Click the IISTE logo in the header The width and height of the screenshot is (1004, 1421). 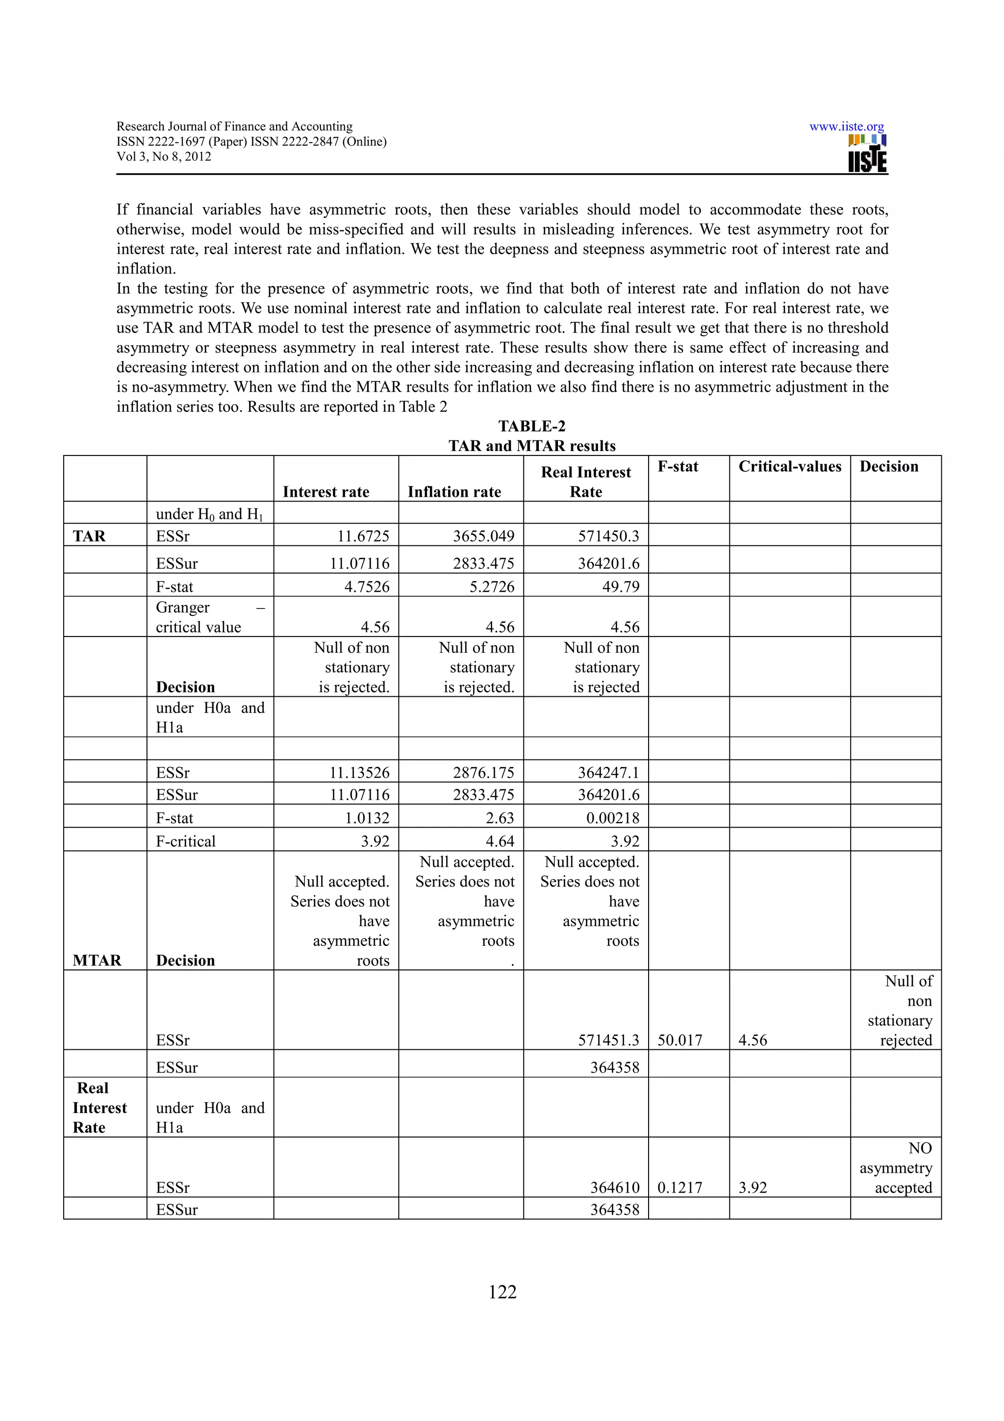coord(867,153)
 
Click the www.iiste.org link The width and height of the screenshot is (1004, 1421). coord(846,127)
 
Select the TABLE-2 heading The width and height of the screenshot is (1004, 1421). coord(531,427)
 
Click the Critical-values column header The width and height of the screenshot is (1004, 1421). coord(789,467)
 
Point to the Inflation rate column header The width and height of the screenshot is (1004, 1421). coord(454,492)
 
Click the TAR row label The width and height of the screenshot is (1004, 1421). coord(89,536)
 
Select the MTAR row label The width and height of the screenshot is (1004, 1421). coord(97,960)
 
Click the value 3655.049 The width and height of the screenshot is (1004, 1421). coord(483,536)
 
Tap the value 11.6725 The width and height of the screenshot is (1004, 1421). coord(363,536)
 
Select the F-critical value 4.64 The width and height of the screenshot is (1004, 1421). coord(500,841)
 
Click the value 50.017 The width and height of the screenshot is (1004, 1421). coord(680,1040)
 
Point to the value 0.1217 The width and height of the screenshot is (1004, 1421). coord(680,1188)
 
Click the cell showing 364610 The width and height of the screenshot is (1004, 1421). coord(614,1188)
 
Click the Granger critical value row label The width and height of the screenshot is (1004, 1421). coord(199,617)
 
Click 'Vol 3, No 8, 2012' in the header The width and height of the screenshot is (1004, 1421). coord(164,156)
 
